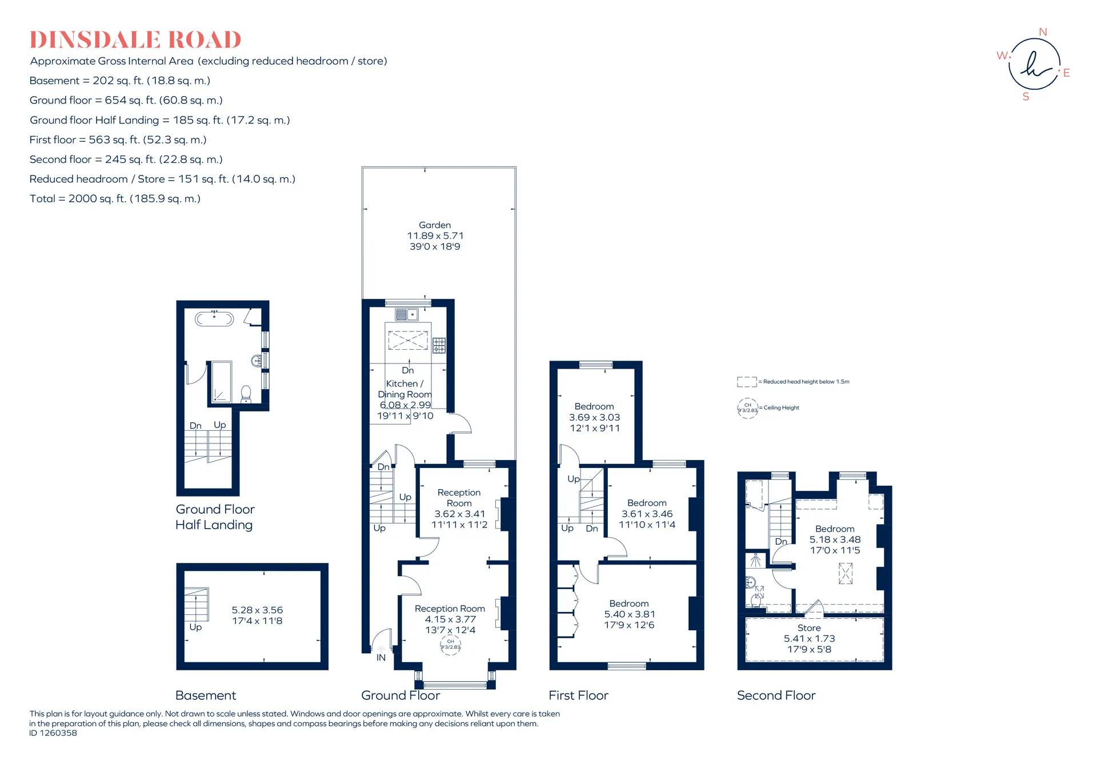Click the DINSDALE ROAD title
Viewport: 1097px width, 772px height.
point(135,40)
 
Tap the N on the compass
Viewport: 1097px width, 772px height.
point(1043,32)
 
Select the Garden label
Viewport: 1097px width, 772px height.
point(435,225)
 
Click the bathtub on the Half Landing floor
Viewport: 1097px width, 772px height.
point(214,318)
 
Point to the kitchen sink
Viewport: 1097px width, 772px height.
point(407,314)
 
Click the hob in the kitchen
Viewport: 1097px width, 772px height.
point(439,345)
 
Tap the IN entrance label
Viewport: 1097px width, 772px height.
point(381,658)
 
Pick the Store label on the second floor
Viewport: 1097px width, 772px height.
point(809,628)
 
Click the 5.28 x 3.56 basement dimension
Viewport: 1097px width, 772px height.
point(257,610)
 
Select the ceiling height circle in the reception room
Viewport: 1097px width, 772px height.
point(450,645)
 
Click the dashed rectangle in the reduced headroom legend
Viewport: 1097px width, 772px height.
point(747,382)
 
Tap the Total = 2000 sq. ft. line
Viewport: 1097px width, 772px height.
point(115,199)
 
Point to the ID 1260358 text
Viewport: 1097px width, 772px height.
point(53,733)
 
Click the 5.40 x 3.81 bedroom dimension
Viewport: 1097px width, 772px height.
point(630,614)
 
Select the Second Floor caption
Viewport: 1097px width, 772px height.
point(776,695)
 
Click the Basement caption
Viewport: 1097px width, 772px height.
point(206,695)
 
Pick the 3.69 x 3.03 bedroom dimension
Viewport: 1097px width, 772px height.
point(594,418)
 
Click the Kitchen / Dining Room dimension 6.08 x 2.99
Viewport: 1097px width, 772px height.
point(405,405)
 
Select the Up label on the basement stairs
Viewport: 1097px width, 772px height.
point(195,627)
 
